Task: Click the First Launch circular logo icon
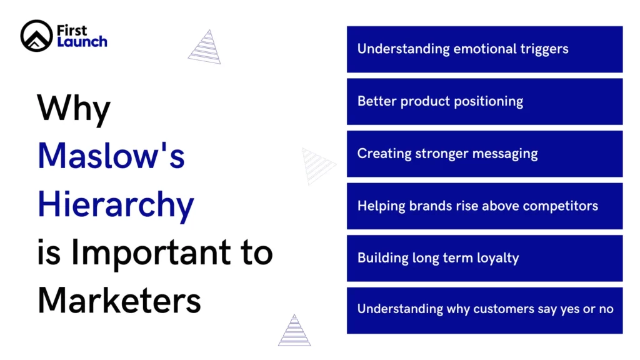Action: point(36,36)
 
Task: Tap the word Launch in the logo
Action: point(82,42)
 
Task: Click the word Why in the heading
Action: point(74,109)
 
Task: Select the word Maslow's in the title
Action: point(111,156)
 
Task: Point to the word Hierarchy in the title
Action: point(116,204)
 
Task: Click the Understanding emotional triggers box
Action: point(484,49)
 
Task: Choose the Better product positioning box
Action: point(484,101)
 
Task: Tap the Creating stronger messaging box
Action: point(484,154)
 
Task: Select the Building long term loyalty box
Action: point(484,258)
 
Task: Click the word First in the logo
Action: point(72,30)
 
